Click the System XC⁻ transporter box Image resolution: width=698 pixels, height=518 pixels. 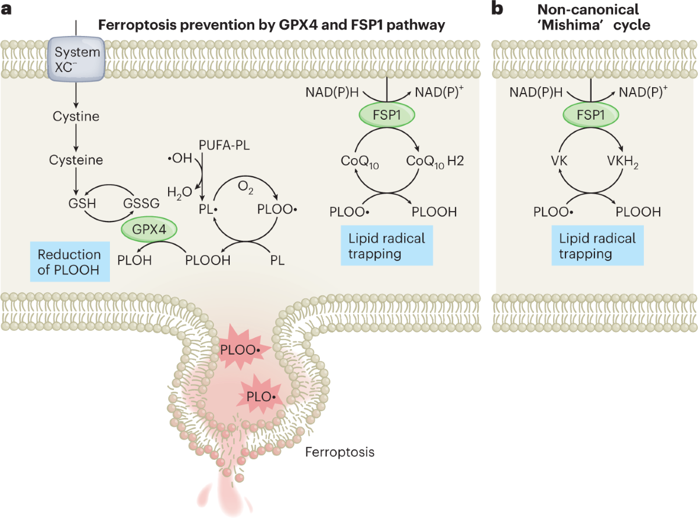[x=77, y=57]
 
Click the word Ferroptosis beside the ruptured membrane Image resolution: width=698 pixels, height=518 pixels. [x=340, y=451]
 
